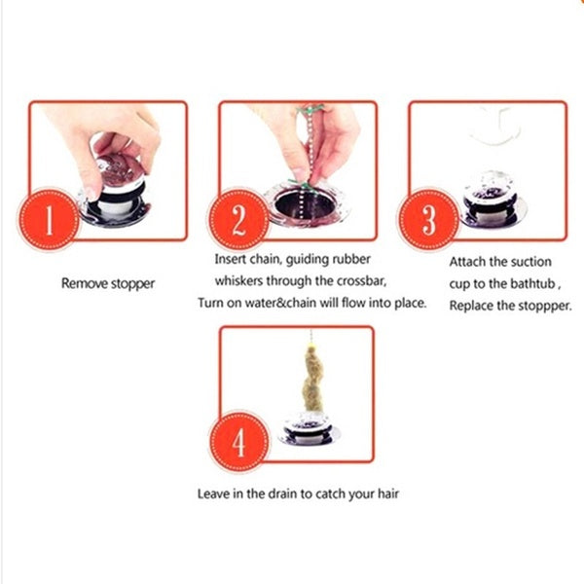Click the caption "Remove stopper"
pos(108,284)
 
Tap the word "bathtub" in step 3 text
pos(535,283)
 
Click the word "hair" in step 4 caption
pos(386,493)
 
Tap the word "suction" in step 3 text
pos(532,262)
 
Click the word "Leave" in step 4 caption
pos(214,493)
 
